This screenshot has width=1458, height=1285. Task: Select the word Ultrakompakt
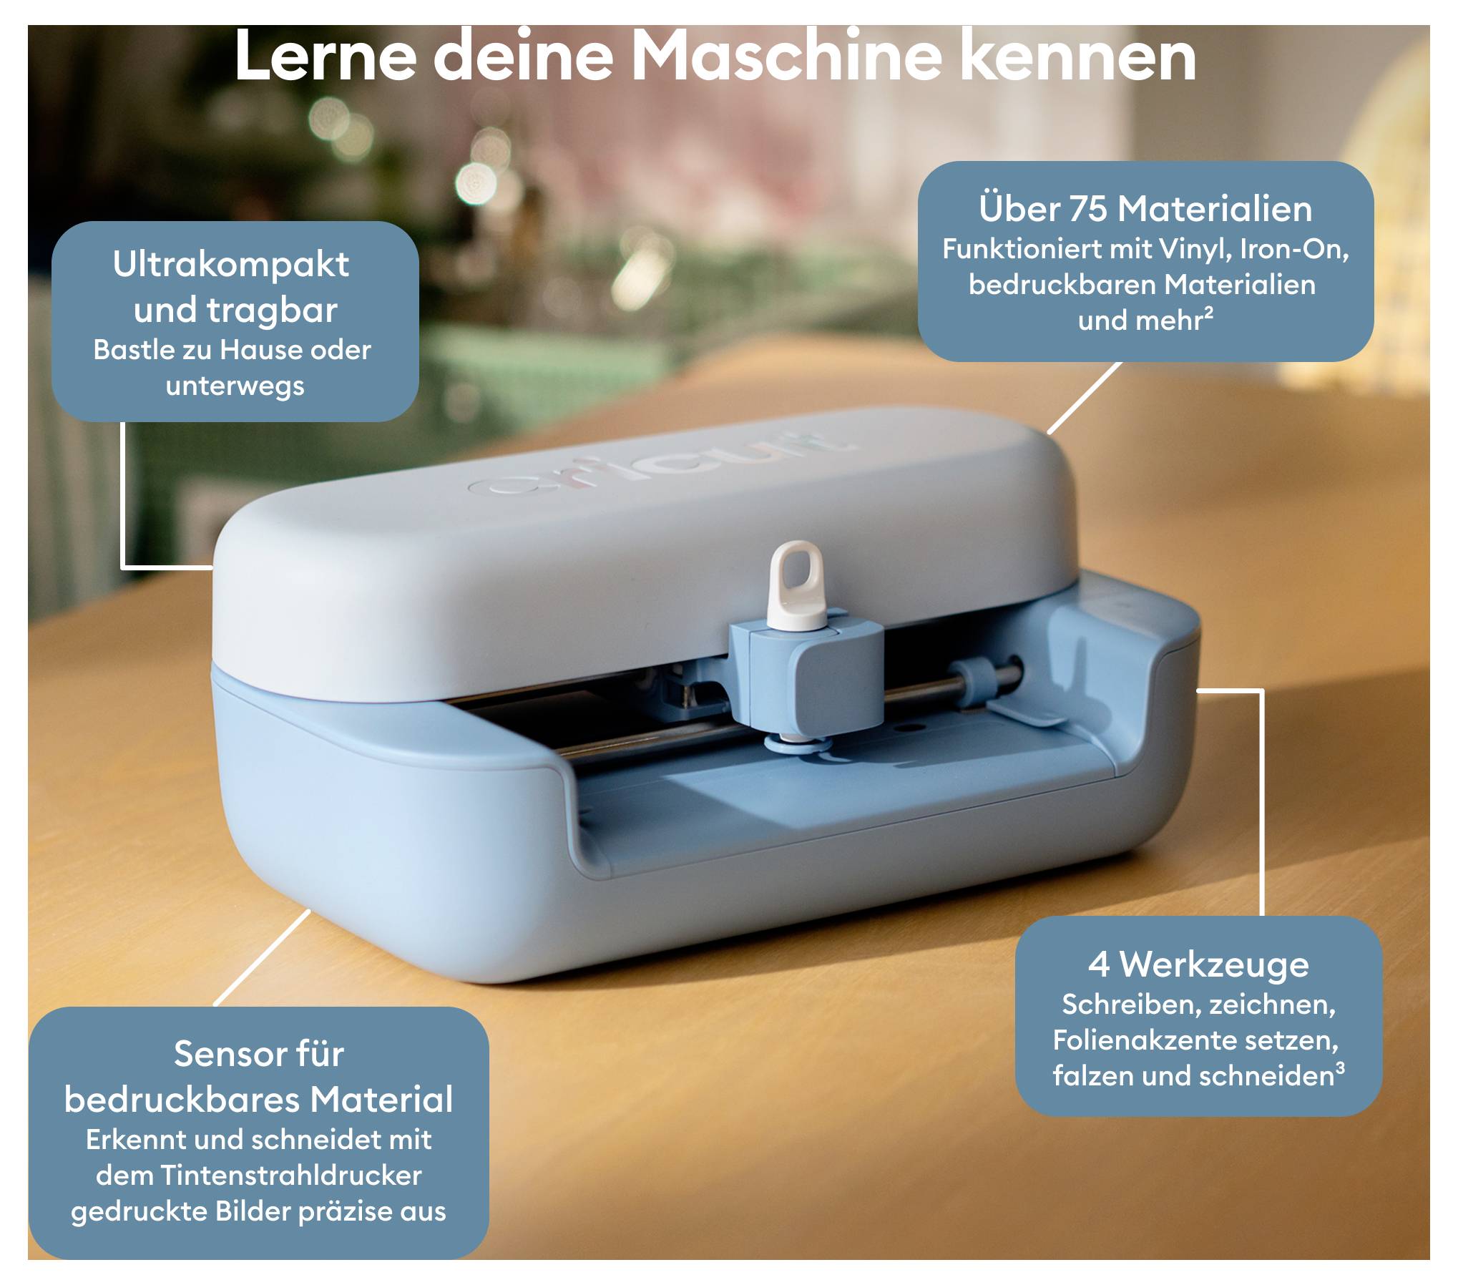tap(231, 265)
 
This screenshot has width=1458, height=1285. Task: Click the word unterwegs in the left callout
tap(235, 386)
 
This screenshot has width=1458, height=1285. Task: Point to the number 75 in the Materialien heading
tap(1087, 209)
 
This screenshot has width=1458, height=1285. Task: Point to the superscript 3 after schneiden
tap(1340, 1068)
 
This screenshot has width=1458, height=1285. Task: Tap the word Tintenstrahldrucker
tap(290, 1176)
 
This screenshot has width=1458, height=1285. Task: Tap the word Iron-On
tap(1293, 249)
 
